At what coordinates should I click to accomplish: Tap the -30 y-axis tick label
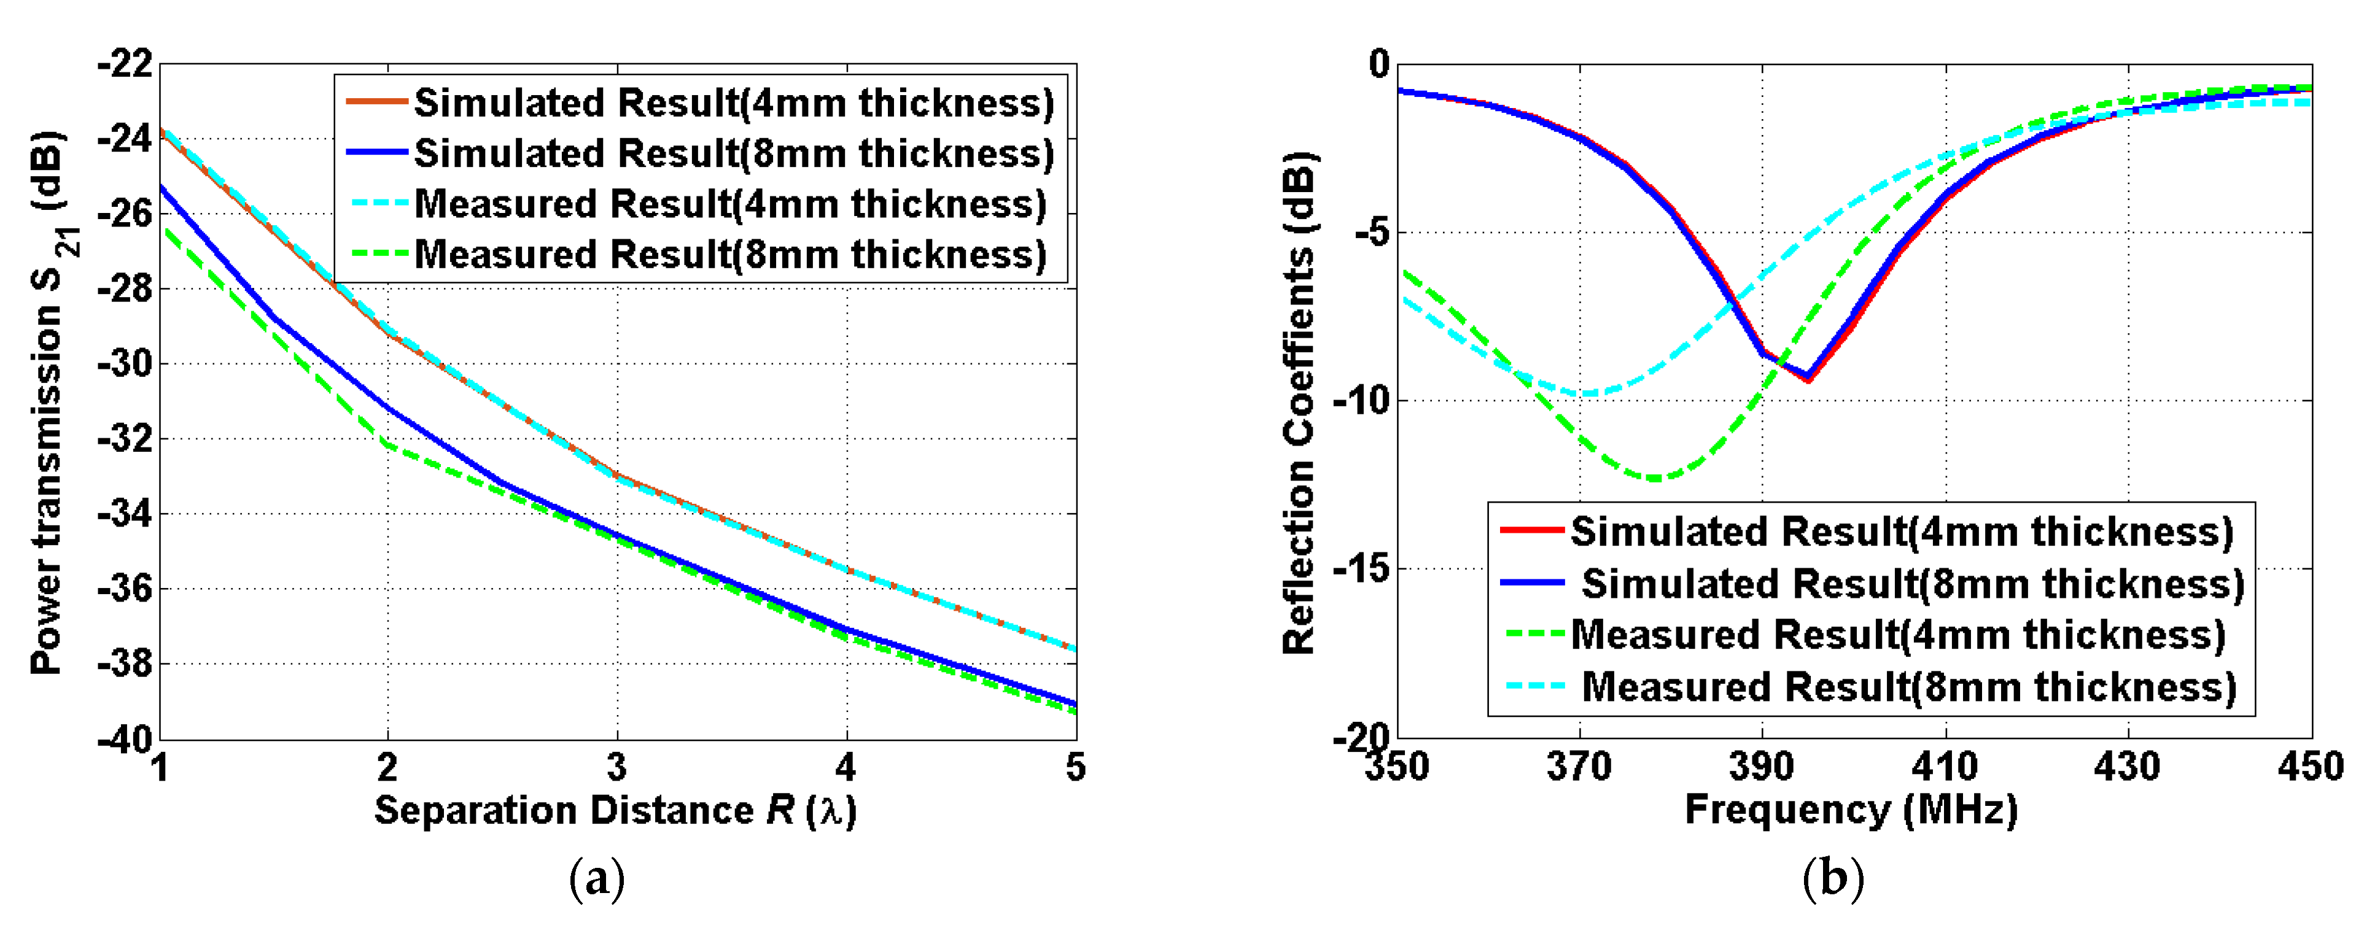point(125,364)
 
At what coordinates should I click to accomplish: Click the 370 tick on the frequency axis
point(1579,766)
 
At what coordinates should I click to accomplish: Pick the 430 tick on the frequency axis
point(2128,766)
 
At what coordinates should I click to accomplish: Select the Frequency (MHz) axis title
point(1851,810)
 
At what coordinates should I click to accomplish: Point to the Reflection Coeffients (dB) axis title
point(1299,402)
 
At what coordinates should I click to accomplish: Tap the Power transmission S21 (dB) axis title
point(50,402)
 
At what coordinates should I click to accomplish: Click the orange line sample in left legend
point(376,102)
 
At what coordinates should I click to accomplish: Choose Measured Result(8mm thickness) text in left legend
point(730,254)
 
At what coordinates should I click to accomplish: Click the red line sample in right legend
point(1532,531)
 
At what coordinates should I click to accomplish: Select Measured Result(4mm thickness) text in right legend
point(1898,635)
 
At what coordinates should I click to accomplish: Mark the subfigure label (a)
point(596,880)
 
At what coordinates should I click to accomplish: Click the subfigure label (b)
point(1832,880)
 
